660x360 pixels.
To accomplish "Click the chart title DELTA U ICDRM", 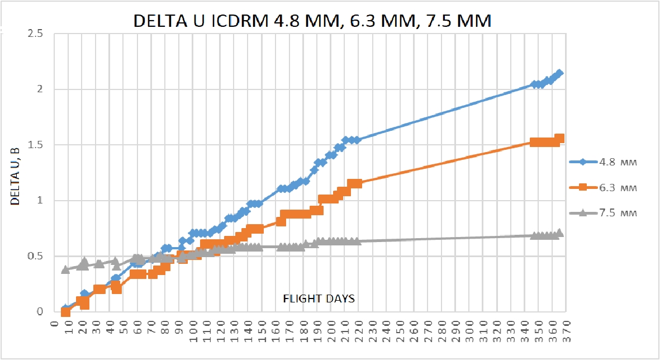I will tap(312, 21).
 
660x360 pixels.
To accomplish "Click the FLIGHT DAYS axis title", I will tap(317, 299).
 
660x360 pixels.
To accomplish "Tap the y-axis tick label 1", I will tap(40, 201).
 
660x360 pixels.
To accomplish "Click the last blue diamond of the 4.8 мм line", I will tap(559, 73).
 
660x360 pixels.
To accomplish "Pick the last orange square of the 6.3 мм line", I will tap(559, 139).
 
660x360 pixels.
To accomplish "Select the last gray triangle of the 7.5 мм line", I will tap(559, 233).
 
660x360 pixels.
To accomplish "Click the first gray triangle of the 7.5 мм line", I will tap(65, 269).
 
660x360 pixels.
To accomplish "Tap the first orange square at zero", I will tap(65, 312).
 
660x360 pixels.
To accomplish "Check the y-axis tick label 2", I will tap(40, 89).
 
